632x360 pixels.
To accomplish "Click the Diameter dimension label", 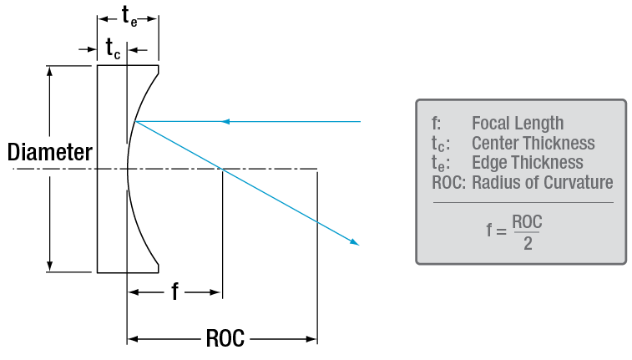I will point(49,153).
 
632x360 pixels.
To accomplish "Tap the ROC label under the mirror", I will point(225,339).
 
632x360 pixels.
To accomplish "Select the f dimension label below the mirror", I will point(174,292).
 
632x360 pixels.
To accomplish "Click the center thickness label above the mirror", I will point(113,49).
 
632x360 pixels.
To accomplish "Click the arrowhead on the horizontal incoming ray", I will point(225,122).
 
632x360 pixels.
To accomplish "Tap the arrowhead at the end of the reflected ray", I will point(355,243).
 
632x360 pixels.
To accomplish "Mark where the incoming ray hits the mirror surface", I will point(135,122).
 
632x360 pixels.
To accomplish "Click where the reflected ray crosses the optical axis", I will point(221,170).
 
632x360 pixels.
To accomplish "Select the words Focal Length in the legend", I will point(518,124).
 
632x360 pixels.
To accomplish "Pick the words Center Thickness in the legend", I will point(533,143).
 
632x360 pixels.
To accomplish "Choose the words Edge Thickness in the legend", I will point(528,162).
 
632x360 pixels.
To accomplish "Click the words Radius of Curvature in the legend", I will point(543,182).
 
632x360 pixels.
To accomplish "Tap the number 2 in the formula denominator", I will point(527,243).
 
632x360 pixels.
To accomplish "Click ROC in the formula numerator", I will point(528,222).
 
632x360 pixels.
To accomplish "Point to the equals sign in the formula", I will point(500,232).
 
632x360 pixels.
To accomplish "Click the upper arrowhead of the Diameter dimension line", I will point(53,70).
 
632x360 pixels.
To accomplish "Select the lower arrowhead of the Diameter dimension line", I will point(53,266).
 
